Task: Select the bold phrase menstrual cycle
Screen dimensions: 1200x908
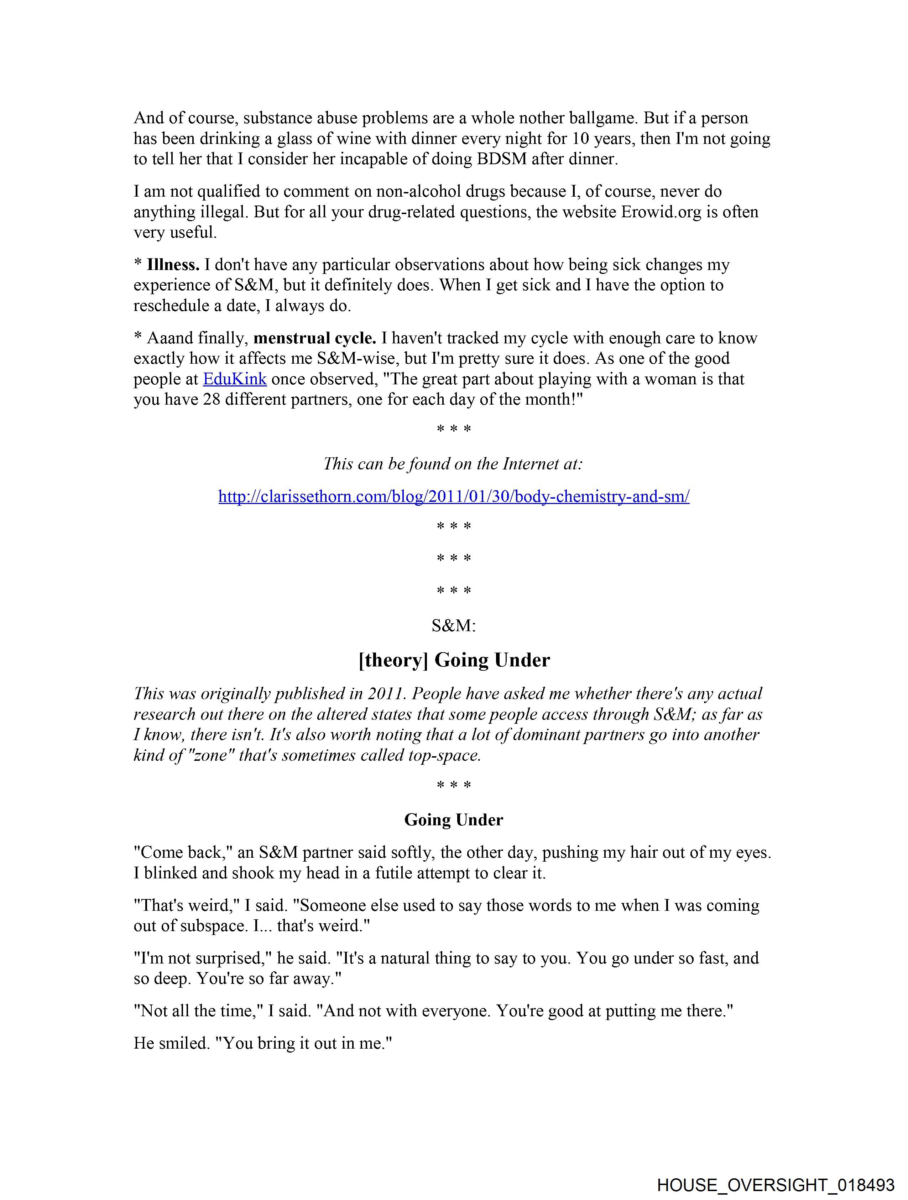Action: pos(315,338)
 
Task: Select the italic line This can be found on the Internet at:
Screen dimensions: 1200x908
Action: pos(453,463)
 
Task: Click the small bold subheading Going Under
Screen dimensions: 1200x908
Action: pos(453,819)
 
